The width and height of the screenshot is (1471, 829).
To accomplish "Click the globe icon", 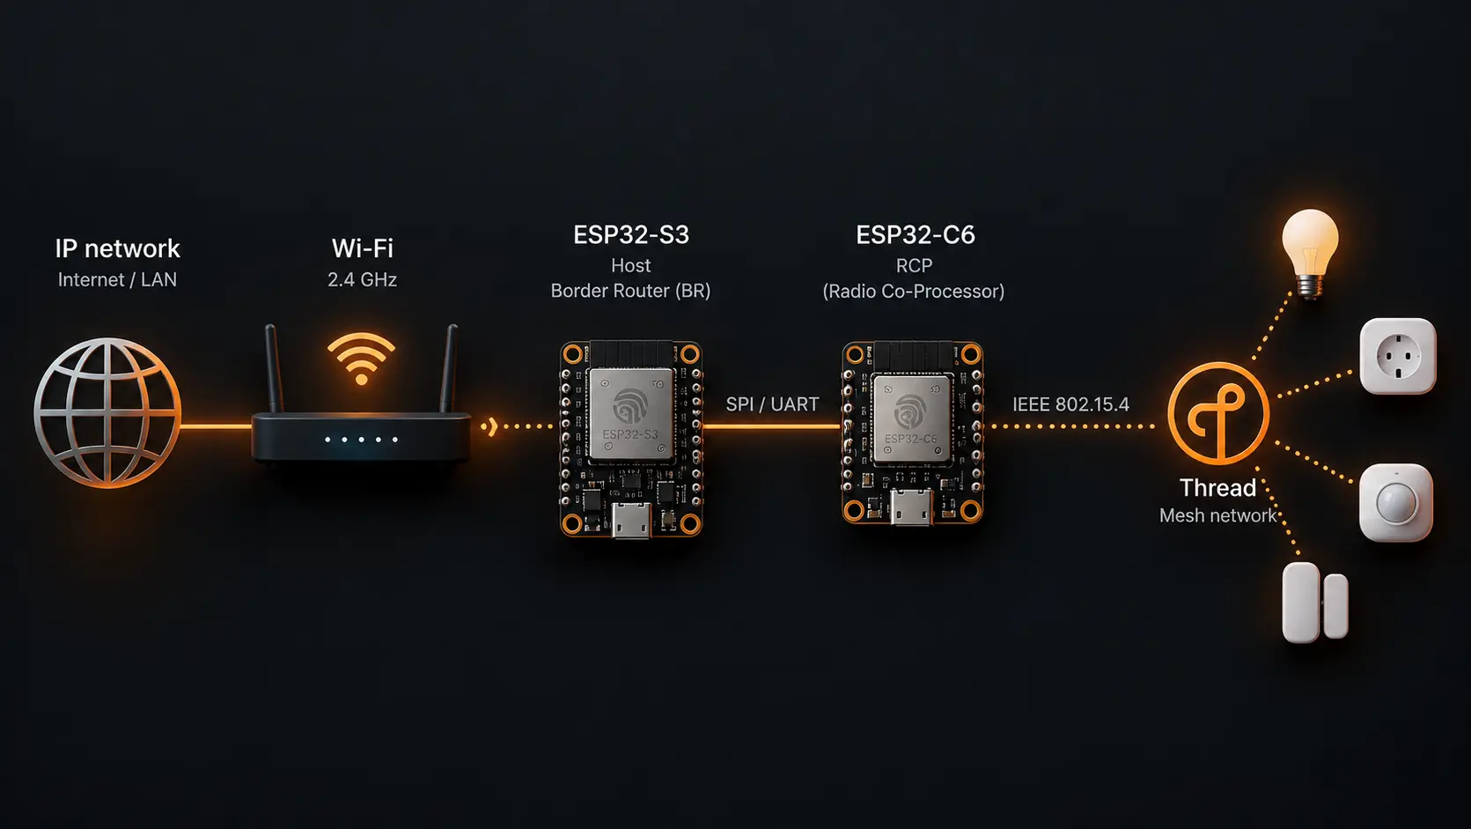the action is tap(107, 413).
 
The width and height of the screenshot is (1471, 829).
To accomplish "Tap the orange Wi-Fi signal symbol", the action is tap(361, 359).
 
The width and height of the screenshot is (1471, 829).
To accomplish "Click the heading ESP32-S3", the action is tap(631, 234).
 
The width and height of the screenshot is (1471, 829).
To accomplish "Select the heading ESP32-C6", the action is tap(915, 234).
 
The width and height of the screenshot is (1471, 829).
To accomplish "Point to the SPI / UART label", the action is tap(772, 404).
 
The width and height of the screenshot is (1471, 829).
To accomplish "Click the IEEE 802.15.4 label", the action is tap(1070, 404).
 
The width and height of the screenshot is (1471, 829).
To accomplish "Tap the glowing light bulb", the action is tap(1310, 254).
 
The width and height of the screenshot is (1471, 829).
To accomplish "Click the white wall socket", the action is tap(1397, 356).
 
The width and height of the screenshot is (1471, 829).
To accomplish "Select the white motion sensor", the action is tap(1395, 503).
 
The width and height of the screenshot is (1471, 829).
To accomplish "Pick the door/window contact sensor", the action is tap(1314, 603).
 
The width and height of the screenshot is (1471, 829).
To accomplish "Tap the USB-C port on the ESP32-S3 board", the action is tap(631, 520).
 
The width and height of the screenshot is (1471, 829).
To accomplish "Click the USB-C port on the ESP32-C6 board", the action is tap(911, 507).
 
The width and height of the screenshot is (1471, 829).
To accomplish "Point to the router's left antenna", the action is tap(274, 368).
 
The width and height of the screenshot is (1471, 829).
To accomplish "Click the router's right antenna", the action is tap(449, 368).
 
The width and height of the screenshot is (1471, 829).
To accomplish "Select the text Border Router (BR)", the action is tap(630, 292).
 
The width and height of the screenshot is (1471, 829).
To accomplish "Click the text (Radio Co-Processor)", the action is tap(914, 292).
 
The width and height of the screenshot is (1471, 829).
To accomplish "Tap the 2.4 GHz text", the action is tap(362, 280).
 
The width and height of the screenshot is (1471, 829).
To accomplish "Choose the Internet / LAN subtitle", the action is tap(117, 280).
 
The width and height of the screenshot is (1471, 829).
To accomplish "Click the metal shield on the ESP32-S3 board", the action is tap(631, 413).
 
